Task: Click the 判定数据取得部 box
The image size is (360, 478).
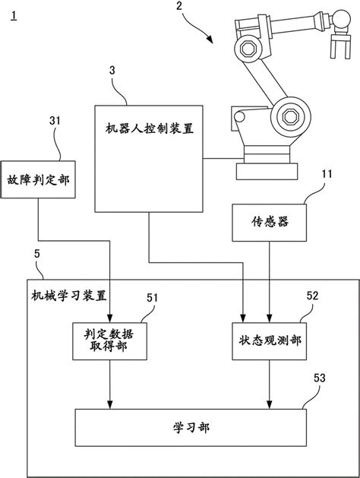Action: click(x=111, y=339)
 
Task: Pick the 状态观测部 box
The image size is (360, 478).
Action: click(x=270, y=340)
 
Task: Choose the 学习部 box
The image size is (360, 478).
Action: click(x=191, y=426)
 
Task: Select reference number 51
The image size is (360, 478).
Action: click(x=152, y=299)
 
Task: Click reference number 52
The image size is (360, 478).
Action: click(x=311, y=297)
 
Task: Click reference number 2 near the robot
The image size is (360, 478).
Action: click(x=178, y=8)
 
